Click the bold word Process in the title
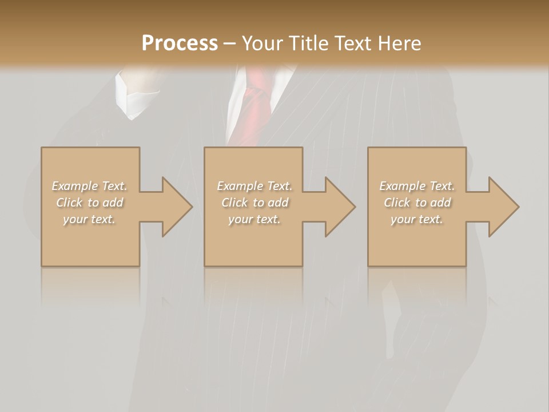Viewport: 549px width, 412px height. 180,43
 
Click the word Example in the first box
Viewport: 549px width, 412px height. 74,186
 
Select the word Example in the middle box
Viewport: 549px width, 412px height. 240,186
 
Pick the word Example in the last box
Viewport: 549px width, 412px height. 402,186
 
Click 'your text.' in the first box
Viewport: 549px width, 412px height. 89,219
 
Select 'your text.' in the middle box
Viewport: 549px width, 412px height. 254,219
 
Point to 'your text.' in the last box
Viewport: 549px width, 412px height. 417,219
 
